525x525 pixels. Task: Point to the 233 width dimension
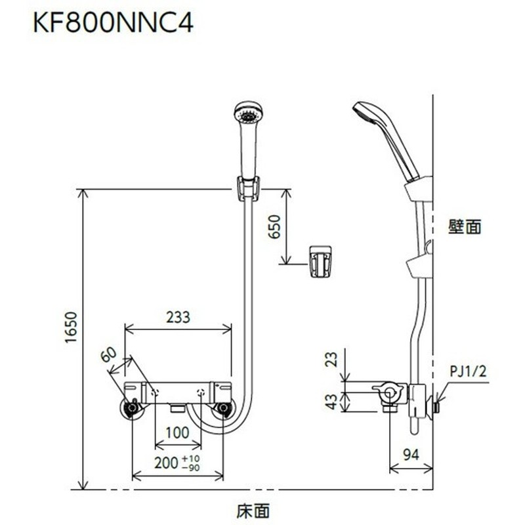[177, 317]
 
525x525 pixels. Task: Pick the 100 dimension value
[178, 433]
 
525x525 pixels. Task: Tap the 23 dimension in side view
[331, 360]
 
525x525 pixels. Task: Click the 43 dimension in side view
[331, 401]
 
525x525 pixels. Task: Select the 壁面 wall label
[465, 228]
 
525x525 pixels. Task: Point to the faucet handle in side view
[389, 393]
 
